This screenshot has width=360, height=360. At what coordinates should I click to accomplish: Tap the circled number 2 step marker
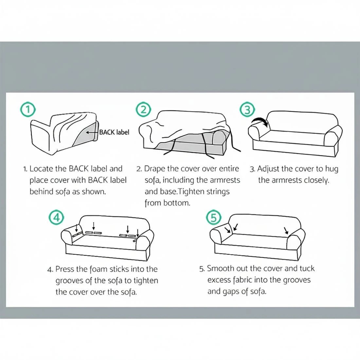(x=143, y=110)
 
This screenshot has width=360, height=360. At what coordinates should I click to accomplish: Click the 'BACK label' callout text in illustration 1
(x=114, y=132)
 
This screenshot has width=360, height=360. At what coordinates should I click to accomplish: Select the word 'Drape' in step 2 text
(x=154, y=169)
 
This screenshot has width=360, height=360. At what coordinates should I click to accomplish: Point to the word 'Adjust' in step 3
(x=268, y=169)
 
